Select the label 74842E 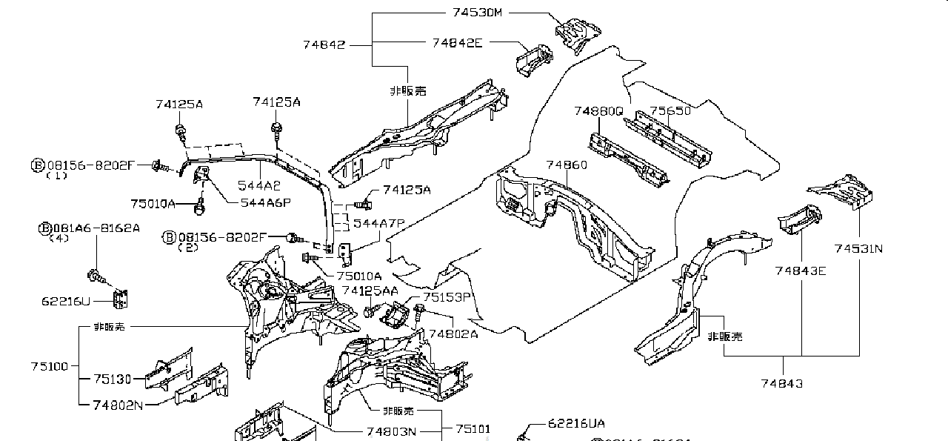(x=457, y=43)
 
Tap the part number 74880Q (x=598, y=111)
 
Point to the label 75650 (x=670, y=111)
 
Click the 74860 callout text (x=567, y=165)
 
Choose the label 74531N (x=858, y=249)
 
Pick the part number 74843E (x=801, y=271)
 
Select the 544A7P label (x=378, y=222)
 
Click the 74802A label (x=453, y=334)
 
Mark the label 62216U (x=67, y=301)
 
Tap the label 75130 (x=113, y=379)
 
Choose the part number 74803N (x=391, y=431)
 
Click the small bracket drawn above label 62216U (x=118, y=299)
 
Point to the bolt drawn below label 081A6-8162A (x=95, y=276)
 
